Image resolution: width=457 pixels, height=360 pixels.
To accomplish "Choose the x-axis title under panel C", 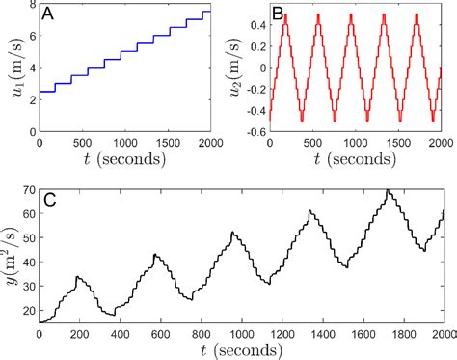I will click(x=240, y=351).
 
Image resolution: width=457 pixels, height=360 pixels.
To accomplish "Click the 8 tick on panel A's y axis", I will click(x=29, y=6).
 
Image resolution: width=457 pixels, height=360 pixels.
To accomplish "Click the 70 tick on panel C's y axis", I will click(x=26, y=191).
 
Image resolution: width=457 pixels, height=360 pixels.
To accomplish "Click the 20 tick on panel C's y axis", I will click(x=26, y=307).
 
